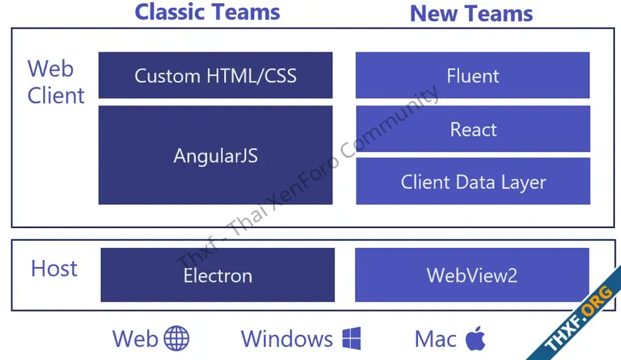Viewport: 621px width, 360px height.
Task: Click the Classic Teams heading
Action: pyautogui.click(x=207, y=12)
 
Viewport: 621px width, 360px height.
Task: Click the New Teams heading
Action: pyautogui.click(x=471, y=13)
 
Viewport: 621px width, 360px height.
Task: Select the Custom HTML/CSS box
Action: pyautogui.click(x=216, y=75)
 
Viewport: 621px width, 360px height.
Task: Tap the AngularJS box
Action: pyautogui.click(x=216, y=155)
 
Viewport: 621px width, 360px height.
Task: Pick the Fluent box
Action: pyautogui.click(x=472, y=75)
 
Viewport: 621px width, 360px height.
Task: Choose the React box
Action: pyautogui.click(x=473, y=129)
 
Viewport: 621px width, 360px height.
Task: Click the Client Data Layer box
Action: pyautogui.click(x=473, y=181)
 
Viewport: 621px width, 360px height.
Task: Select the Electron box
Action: pyautogui.click(x=218, y=275)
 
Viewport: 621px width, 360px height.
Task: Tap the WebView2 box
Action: pyautogui.click(x=472, y=275)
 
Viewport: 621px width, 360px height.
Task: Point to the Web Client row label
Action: pyautogui.click(x=56, y=82)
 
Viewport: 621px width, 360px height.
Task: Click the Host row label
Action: pyautogui.click(x=54, y=269)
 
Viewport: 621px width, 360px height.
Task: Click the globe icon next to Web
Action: pyautogui.click(x=176, y=338)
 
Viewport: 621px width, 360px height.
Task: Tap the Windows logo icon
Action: pyautogui.click(x=351, y=338)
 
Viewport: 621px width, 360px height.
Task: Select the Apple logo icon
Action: pyautogui.click(x=475, y=338)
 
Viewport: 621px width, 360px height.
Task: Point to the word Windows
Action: pyautogui.click(x=287, y=339)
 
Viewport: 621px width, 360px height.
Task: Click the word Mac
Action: pyautogui.click(x=435, y=339)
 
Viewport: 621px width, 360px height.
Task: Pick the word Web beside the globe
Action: pyautogui.click(x=135, y=339)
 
